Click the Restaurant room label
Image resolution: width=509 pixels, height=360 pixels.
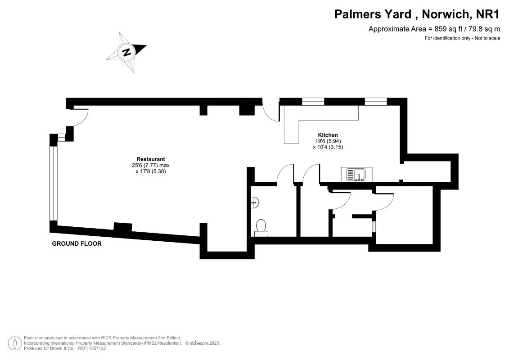pyautogui.click(x=151, y=159)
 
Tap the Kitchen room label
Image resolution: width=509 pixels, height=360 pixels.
pyautogui.click(x=328, y=135)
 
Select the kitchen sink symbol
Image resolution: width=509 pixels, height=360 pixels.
pyautogui.click(x=356, y=174)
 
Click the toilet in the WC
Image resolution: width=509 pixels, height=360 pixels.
pyautogui.click(x=261, y=228)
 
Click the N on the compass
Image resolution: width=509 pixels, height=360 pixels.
pyautogui.click(x=126, y=52)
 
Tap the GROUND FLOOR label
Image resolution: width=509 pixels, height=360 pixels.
pyautogui.click(x=77, y=243)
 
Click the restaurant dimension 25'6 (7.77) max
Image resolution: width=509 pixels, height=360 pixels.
pyautogui.click(x=151, y=165)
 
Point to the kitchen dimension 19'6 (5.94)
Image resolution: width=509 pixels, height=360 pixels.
pyautogui.click(x=328, y=141)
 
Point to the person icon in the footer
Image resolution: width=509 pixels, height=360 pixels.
pyautogui.click(x=14, y=343)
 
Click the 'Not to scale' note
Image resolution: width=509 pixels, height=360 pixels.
pyautogui.click(x=487, y=38)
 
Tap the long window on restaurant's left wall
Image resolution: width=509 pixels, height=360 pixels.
pyautogui.click(x=53, y=184)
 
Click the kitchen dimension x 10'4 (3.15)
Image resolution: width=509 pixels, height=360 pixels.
pyautogui.click(x=328, y=147)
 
